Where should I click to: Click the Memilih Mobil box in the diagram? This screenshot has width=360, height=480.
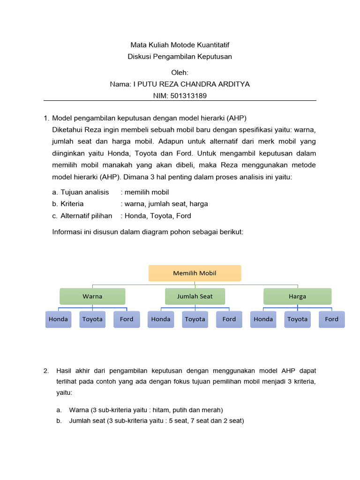(195, 273)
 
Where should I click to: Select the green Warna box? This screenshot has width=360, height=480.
(92, 296)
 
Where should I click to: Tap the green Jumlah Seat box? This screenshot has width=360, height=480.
(195, 296)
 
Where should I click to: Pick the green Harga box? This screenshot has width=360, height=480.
(297, 296)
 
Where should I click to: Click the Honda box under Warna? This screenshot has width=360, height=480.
(58, 319)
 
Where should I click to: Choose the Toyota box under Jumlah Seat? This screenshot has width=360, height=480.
(195, 319)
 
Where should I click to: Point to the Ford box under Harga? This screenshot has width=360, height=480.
(331, 319)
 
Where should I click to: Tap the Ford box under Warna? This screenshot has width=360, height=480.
(127, 319)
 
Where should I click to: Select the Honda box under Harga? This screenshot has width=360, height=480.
(263, 319)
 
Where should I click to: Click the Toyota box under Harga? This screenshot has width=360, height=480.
(297, 319)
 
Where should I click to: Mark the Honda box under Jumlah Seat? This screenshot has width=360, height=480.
(161, 319)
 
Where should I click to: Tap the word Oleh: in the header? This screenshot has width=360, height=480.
(180, 73)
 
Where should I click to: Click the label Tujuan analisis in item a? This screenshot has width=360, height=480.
(85, 192)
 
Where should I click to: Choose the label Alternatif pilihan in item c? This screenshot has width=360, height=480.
(86, 216)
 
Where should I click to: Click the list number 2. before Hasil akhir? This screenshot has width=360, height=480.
(46, 371)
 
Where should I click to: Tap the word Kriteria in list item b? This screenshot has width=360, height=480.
(72, 204)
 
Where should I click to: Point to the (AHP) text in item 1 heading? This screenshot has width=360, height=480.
(236, 118)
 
